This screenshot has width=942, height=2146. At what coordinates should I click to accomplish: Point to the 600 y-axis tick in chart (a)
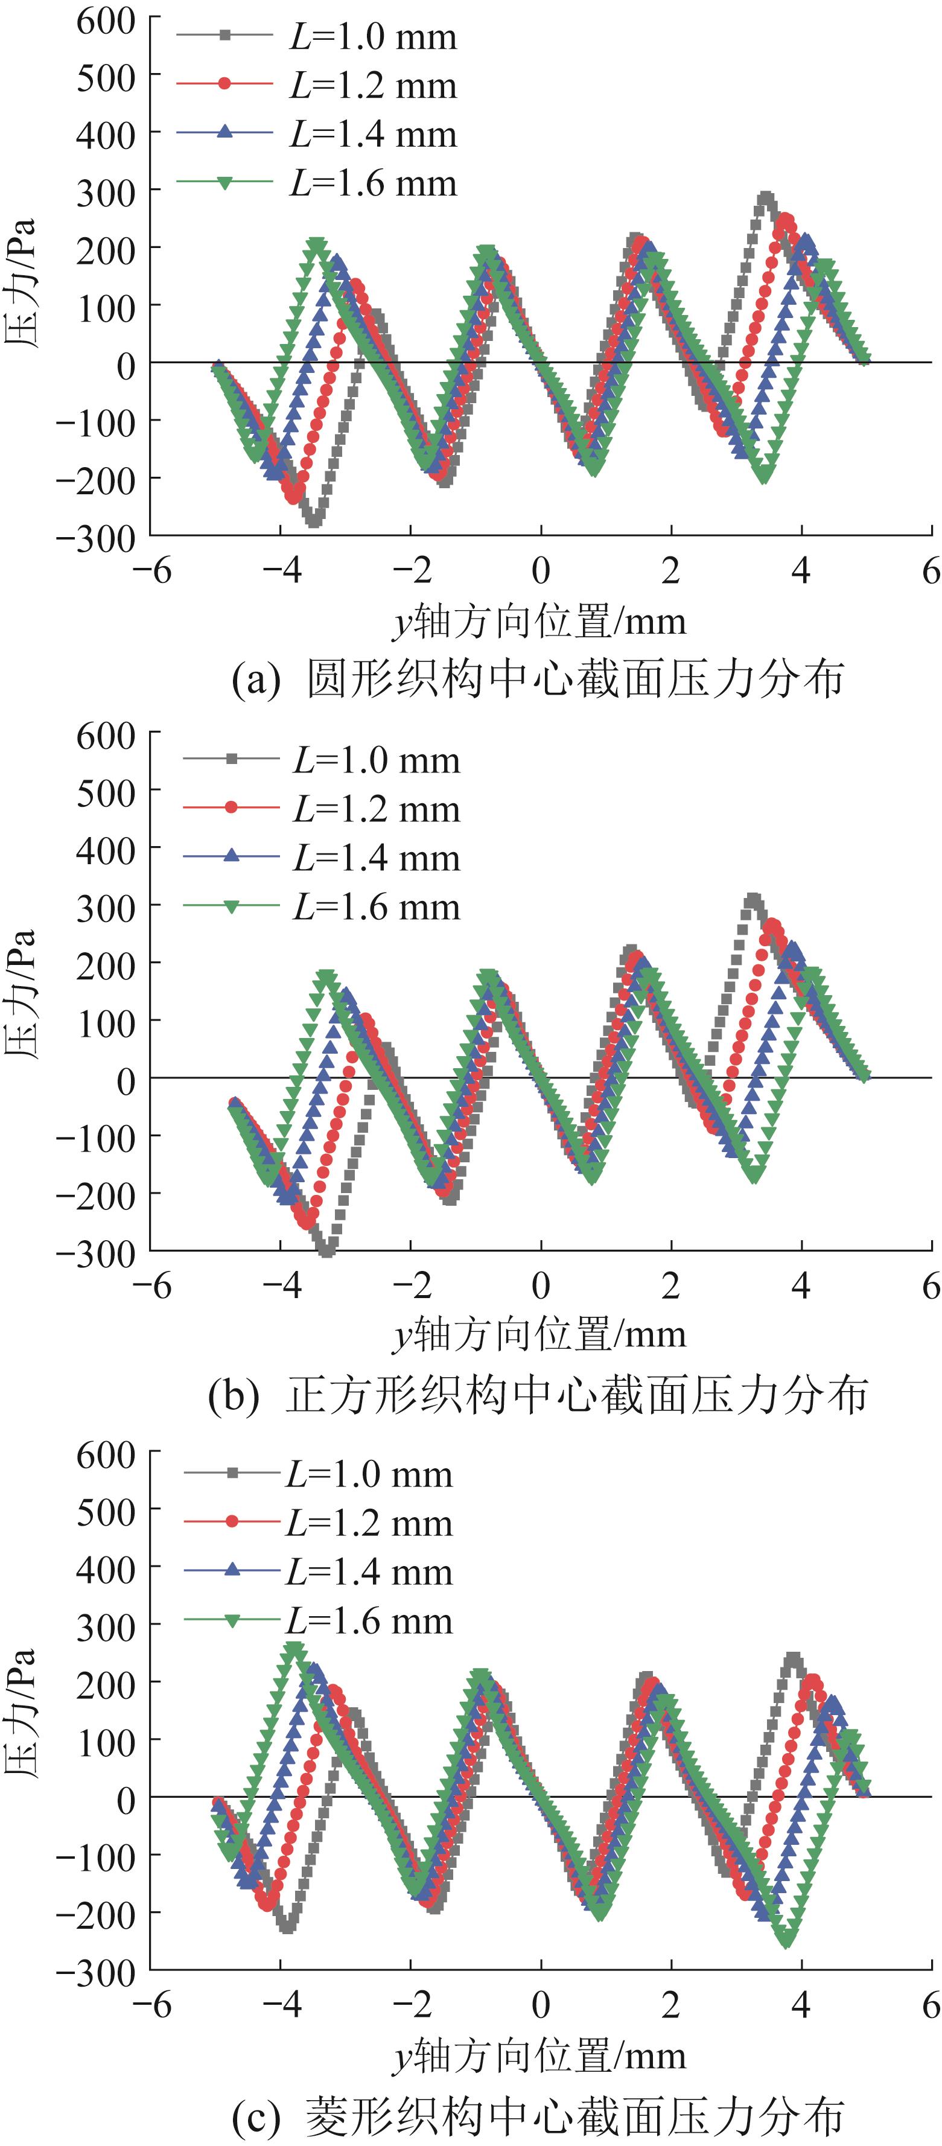pyautogui.click(x=105, y=21)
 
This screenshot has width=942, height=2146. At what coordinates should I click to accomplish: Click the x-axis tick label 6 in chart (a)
pyautogui.click(x=931, y=571)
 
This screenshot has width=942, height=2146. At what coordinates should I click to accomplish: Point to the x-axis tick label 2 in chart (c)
pyautogui.click(x=670, y=2005)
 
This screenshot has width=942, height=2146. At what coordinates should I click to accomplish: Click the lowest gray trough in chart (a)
pyautogui.click(x=313, y=520)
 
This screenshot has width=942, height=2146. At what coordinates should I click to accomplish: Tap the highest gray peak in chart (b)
pyautogui.click(x=753, y=900)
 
